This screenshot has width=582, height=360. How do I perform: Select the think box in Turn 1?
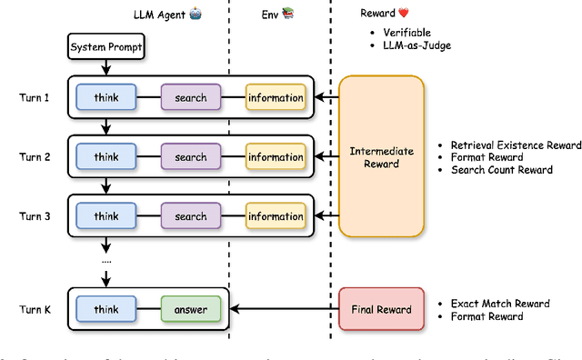(105, 97)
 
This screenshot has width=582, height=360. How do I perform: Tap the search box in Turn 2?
(191, 157)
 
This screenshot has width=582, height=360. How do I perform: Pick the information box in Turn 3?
(275, 216)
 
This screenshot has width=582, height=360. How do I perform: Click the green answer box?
(191, 309)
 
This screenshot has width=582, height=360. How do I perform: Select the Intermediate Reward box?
(381, 157)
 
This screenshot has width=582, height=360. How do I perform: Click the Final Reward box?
(381, 309)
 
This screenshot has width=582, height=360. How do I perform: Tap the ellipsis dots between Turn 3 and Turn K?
(105, 260)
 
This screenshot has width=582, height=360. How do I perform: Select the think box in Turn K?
(105, 309)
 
